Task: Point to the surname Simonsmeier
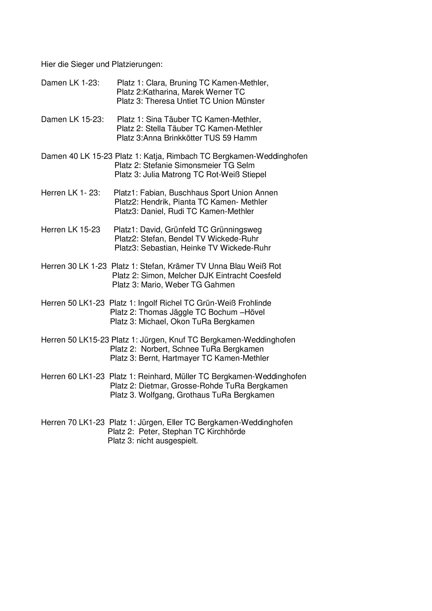[x=198, y=165]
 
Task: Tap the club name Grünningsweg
[x=236, y=230]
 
